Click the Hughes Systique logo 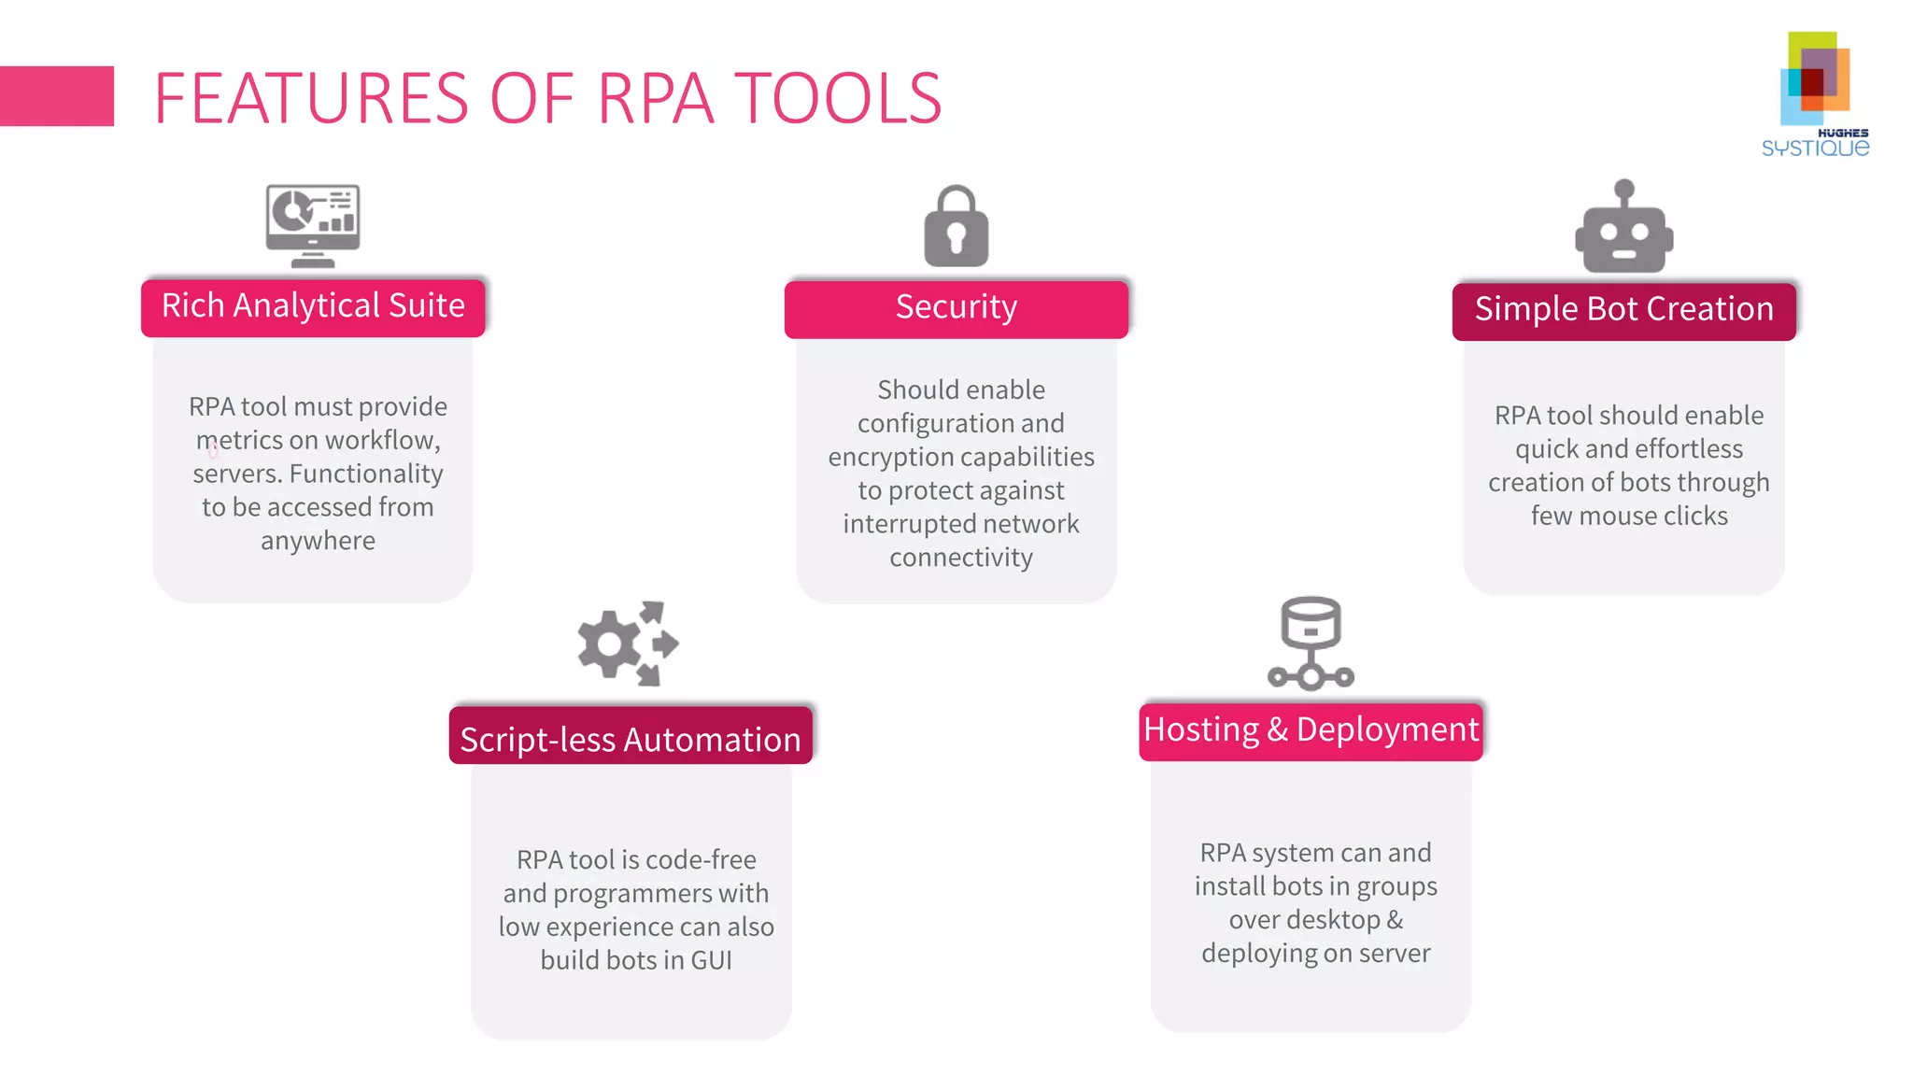(1815, 93)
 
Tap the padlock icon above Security (956, 227)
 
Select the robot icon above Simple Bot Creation (1623, 228)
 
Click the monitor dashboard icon (313, 225)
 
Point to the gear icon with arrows (627, 644)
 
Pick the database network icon (1311, 644)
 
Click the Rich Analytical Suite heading (313, 306)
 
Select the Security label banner (956, 308)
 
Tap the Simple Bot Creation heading (1623, 310)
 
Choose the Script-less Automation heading (631, 739)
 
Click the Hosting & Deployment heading (1311, 729)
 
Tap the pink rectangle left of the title (56, 95)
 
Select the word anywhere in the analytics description (318, 541)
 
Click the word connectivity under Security (961, 558)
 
